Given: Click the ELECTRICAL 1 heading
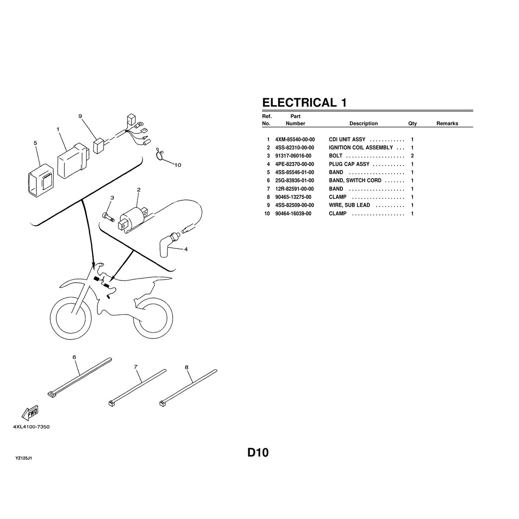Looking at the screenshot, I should click(x=304, y=103).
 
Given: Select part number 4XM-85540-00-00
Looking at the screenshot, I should click(x=295, y=140).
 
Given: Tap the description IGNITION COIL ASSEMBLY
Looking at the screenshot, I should click(x=361, y=148).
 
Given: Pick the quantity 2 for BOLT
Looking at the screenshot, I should click(x=412, y=156).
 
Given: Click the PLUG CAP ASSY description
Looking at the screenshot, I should click(x=349, y=164).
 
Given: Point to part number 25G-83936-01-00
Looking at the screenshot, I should click(x=295, y=180).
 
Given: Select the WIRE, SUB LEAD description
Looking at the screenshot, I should click(x=349, y=205).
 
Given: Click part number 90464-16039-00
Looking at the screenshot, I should click(x=293, y=214).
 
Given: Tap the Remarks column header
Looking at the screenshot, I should click(x=447, y=124).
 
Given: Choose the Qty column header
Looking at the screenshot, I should click(x=412, y=124).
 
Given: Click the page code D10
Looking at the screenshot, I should click(x=258, y=453).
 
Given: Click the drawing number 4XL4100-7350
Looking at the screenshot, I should click(x=31, y=427).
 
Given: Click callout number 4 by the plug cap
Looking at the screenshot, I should click(x=186, y=249).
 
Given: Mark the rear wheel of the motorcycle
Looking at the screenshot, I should click(x=152, y=319).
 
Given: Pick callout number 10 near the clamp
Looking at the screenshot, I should click(x=178, y=165).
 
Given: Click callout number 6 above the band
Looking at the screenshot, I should click(x=74, y=357).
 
